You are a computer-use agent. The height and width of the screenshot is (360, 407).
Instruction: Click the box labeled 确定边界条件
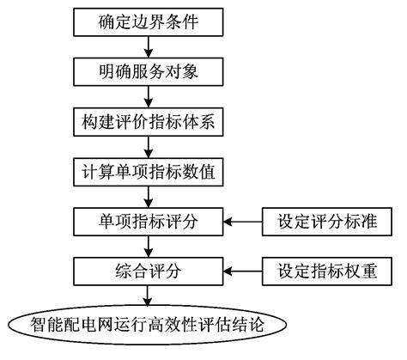coord(149,19)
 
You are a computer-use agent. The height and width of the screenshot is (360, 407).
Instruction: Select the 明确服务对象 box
coord(149,70)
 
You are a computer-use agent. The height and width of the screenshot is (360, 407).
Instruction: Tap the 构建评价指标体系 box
coord(149,121)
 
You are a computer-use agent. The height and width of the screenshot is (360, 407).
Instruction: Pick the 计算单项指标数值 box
coord(149,172)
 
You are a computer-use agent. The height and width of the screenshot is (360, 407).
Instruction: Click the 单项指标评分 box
coord(149,223)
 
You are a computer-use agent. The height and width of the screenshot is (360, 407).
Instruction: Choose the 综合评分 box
coord(149,273)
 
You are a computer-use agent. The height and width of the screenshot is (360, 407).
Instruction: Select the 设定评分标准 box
coord(331,223)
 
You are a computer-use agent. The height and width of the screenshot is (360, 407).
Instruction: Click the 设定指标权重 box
coord(331,273)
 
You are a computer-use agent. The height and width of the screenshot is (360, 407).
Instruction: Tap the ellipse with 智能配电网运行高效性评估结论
coord(149,327)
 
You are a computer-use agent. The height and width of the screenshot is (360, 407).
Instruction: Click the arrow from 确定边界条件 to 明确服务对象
coord(150,45)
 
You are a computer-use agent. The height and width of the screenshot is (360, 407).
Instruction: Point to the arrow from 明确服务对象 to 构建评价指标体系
coord(150,95)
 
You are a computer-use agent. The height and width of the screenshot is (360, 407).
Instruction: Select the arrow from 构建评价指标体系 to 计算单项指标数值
coord(150,146)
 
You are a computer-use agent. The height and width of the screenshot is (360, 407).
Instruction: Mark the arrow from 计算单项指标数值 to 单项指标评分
coord(150,197)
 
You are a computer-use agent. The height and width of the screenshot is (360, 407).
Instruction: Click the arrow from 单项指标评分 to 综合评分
coord(150,248)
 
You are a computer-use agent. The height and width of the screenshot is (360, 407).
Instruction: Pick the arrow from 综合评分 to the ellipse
coord(150,298)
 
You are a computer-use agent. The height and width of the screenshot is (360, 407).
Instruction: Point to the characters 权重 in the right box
coord(369,273)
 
